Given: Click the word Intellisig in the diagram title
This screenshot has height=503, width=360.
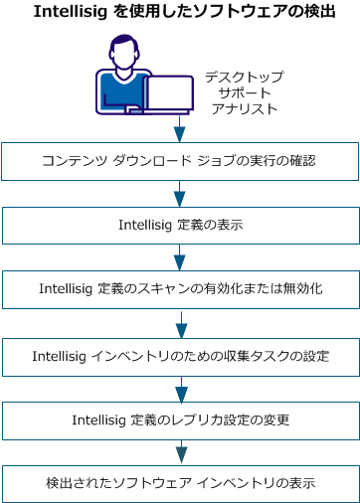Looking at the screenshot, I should coord(71,12).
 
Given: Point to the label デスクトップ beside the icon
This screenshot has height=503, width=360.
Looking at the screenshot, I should coord(244,77).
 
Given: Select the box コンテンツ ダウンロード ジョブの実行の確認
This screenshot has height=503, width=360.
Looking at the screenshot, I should coord(180,160).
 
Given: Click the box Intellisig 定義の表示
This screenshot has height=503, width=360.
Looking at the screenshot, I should coord(180,225).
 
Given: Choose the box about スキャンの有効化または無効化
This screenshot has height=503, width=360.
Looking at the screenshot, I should coord(180,289).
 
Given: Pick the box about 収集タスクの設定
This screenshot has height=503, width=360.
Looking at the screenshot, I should coord(180,354).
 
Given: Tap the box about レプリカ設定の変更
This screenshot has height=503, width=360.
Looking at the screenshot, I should coord(180,419).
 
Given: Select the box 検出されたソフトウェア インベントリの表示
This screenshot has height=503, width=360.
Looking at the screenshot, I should coord(180,483).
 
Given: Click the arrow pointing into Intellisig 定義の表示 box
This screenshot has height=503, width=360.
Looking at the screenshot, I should coord(180,193).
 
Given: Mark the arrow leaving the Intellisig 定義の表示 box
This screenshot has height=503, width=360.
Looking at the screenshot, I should coord(180,257).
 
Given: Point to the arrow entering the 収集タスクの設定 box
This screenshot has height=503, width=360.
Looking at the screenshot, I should coord(180,322).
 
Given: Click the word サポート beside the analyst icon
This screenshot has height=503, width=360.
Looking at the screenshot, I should coord(244,93).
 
